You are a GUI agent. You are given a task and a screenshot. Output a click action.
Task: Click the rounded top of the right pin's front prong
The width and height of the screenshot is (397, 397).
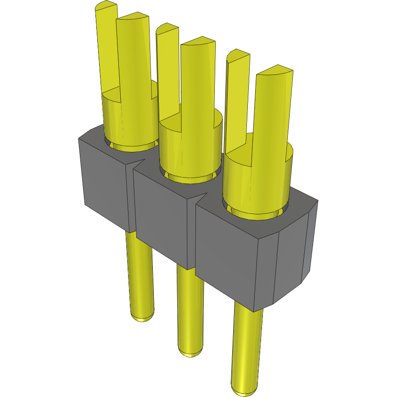274,71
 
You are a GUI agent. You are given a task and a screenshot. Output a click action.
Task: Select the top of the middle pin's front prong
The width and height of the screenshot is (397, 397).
198,43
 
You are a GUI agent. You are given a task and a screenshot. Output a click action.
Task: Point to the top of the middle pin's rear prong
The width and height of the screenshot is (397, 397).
167,29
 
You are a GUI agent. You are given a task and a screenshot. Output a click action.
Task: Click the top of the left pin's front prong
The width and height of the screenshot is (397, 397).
133,19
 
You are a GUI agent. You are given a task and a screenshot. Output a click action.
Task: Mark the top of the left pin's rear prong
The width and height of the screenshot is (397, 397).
106,6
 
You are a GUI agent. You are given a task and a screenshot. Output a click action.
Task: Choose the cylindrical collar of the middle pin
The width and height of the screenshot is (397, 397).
190,147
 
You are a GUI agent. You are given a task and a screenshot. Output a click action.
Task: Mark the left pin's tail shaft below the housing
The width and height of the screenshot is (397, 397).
140,275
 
